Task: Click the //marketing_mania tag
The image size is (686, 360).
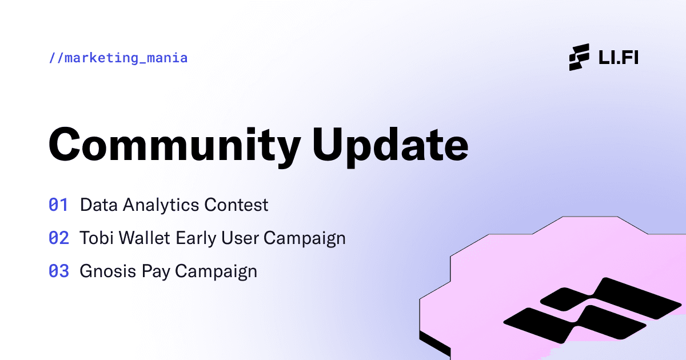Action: tap(118, 58)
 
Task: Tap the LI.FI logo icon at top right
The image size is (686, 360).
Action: tap(579, 57)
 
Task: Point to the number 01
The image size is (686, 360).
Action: tap(58, 205)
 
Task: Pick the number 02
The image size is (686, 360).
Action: tap(58, 238)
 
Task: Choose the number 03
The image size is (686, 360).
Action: tap(58, 271)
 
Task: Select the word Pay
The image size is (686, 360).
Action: tap(153, 271)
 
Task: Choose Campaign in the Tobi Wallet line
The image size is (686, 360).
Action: tap(305, 238)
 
